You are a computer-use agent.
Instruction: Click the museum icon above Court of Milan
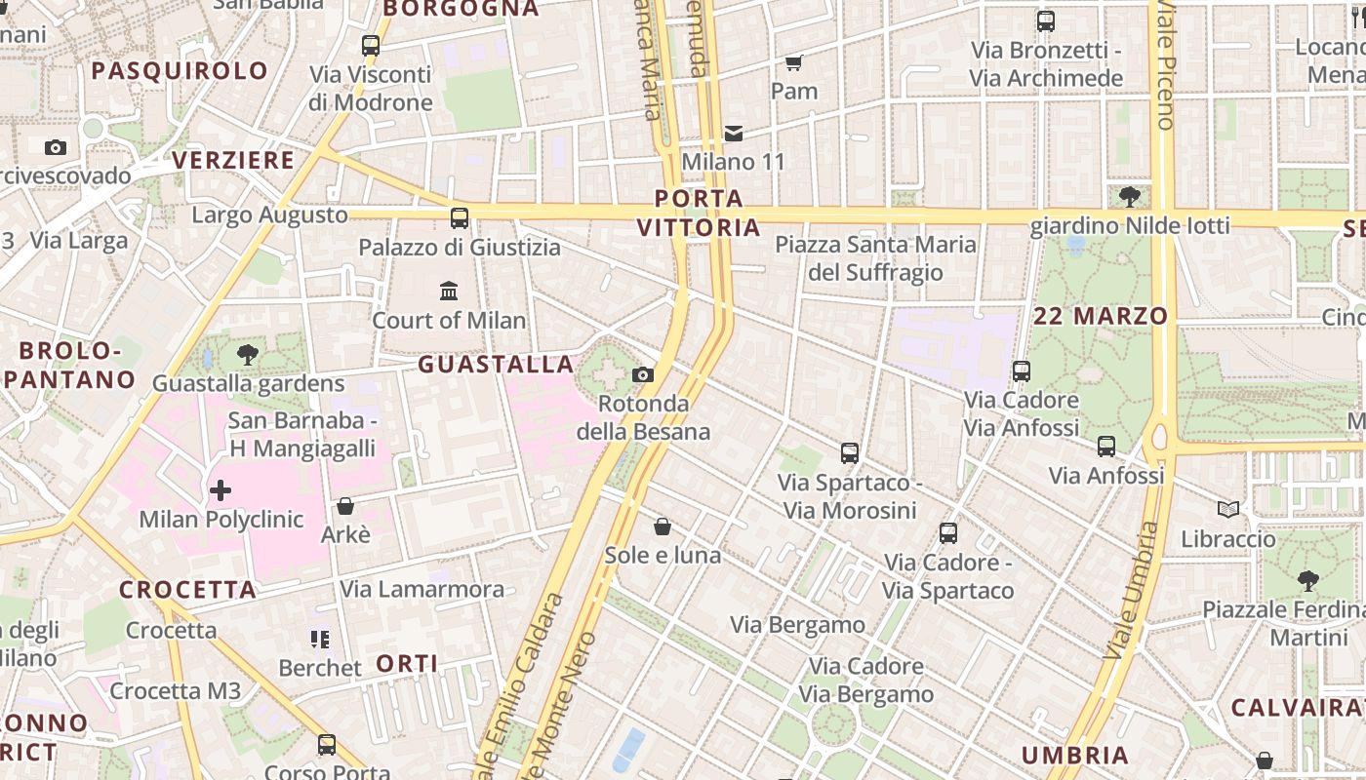click(x=449, y=291)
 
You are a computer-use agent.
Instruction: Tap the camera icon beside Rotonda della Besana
click(x=642, y=374)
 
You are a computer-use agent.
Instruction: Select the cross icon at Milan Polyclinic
click(x=221, y=490)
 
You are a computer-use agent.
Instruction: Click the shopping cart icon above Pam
click(x=794, y=62)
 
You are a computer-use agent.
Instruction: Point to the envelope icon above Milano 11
click(x=734, y=133)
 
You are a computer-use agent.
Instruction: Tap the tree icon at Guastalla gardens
click(x=248, y=355)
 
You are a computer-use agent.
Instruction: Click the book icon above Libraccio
click(x=1228, y=509)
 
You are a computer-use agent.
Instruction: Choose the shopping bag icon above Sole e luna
click(x=663, y=526)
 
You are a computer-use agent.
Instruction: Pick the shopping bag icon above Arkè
click(x=344, y=506)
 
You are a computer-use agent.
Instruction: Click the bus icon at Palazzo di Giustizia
click(x=459, y=217)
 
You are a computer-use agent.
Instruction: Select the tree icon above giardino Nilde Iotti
click(x=1130, y=197)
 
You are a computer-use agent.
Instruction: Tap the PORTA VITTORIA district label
click(x=699, y=214)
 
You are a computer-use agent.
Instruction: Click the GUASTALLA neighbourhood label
click(x=496, y=365)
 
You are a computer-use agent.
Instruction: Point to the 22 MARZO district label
click(x=1101, y=316)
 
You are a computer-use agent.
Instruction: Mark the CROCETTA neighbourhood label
click(x=188, y=590)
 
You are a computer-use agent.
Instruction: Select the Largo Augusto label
click(x=270, y=214)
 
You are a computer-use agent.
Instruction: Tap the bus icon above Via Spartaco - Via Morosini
click(x=849, y=452)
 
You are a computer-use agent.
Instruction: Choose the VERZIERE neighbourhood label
click(x=233, y=161)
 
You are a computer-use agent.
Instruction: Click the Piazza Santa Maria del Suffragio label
click(x=875, y=258)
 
